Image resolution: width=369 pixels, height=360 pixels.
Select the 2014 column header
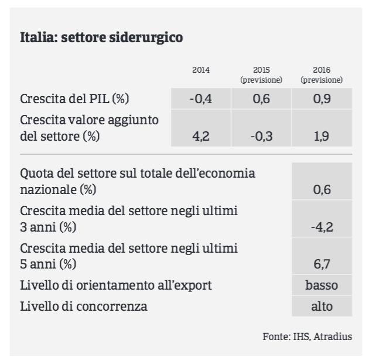click(201, 70)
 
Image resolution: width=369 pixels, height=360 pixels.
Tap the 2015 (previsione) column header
click(261, 75)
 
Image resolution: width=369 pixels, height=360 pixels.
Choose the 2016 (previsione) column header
click(322, 75)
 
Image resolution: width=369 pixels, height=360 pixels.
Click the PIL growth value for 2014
click(201, 99)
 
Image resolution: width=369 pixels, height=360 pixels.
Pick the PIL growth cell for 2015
click(261, 99)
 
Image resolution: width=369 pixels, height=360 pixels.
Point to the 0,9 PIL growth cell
click(322, 99)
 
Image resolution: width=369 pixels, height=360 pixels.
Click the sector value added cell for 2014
click(201, 128)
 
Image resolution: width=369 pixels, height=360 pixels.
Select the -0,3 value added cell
click(261, 128)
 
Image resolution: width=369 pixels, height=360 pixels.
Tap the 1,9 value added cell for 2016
click(322, 128)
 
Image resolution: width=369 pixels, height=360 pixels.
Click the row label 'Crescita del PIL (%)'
click(74, 99)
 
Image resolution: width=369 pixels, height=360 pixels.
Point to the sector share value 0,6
click(322, 181)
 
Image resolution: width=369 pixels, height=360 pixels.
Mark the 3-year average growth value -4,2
click(322, 219)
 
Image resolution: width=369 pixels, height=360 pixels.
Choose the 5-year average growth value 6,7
click(322, 256)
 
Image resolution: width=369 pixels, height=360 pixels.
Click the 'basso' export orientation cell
click(322, 285)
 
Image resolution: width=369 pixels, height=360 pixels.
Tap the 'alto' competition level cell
click(322, 306)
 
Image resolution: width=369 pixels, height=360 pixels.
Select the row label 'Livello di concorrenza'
click(84, 306)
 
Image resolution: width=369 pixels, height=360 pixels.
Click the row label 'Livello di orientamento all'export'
click(116, 286)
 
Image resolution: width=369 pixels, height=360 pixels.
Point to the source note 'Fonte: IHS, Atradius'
click(307, 337)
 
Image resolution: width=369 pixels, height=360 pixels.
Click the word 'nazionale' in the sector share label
click(48, 189)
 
